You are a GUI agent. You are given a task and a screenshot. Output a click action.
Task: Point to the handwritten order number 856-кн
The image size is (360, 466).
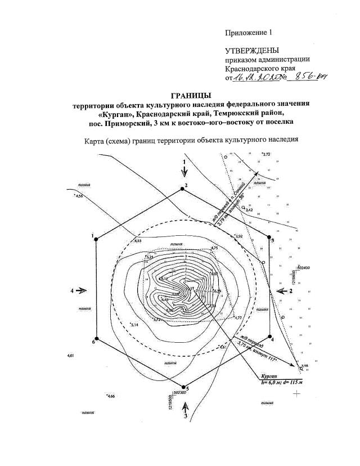(x=307, y=78)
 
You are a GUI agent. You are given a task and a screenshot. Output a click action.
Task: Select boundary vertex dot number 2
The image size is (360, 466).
(x=182, y=189)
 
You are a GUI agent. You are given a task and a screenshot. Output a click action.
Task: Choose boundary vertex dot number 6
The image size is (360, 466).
(x=96, y=339)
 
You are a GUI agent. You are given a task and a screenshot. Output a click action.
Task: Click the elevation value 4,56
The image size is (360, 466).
(x=79, y=196)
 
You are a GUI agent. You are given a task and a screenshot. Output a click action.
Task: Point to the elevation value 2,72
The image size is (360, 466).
(x=267, y=154)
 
